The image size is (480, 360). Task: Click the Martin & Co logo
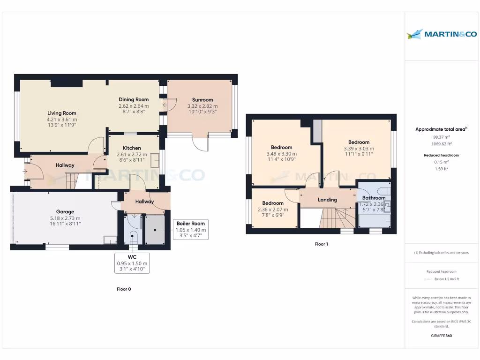tap(442, 34)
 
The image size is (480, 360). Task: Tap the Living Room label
tap(61, 113)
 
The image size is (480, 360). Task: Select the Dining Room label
tap(134, 99)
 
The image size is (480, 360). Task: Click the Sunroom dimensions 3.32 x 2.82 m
tap(202, 106)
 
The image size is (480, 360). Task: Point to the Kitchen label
tap(132, 148)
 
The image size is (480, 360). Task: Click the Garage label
tap(65, 212)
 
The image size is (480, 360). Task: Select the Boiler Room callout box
tap(191, 230)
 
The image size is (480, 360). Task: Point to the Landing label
tap(327, 200)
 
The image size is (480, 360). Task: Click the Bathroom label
tap(374, 198)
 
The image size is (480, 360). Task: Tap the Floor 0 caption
tap(124, 289)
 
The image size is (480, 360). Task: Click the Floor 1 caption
tap(322, 244)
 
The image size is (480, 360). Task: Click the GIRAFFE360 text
tap(441, 336)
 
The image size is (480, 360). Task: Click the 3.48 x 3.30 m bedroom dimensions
tap(281, 153)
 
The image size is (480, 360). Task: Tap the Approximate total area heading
tap(441, 129)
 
